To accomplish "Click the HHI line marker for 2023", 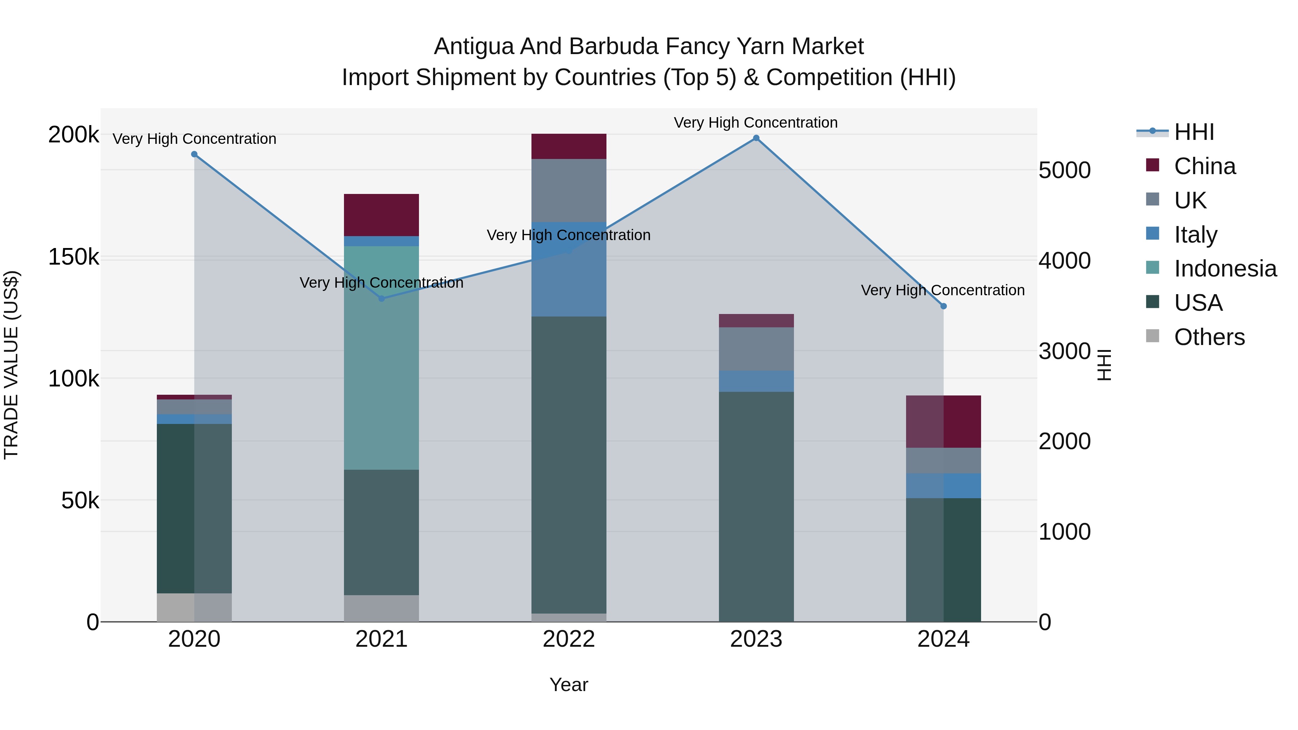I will point(756,138).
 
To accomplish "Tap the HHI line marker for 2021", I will point(381,298).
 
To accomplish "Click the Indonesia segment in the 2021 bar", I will point(381,358).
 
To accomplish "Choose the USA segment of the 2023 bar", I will point(756,506).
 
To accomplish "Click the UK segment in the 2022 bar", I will point(569,190).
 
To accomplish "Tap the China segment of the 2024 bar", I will point(943,422).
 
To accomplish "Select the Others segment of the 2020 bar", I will point(194,607).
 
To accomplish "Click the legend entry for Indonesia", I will point(1225,269).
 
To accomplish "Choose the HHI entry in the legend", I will point(1194,132).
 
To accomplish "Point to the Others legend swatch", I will point(1152,336).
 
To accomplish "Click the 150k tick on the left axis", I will point(74,257).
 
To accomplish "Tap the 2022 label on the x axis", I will point(569,639).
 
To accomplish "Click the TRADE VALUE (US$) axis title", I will point(11,365).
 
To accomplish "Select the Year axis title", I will point(569,685).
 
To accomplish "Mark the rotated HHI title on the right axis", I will point(1104,365).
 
